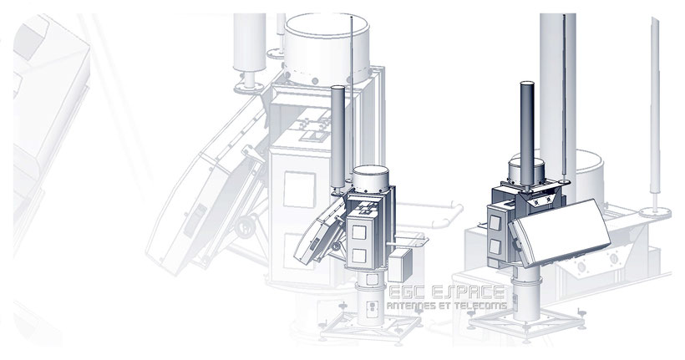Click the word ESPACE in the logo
click(x=468, y=292)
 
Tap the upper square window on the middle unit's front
click(x=358, y=232)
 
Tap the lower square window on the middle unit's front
click(x=359, y=255)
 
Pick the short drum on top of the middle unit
click(x=370, y=177)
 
